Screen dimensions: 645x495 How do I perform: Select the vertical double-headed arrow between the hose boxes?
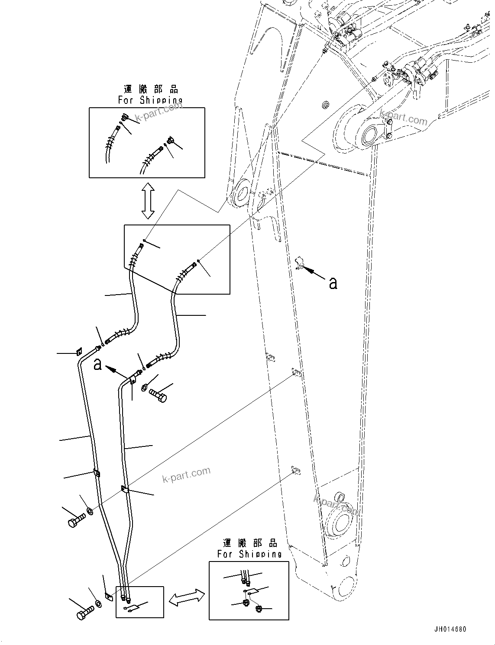148,201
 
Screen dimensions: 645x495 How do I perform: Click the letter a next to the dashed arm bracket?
333,283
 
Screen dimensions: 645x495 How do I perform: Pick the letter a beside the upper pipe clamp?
98,364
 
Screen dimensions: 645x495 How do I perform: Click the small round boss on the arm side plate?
326,105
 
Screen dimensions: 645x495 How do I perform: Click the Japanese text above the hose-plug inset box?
151,90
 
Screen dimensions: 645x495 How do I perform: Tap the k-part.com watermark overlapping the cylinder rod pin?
404,118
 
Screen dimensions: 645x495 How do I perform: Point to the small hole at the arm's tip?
345,561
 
